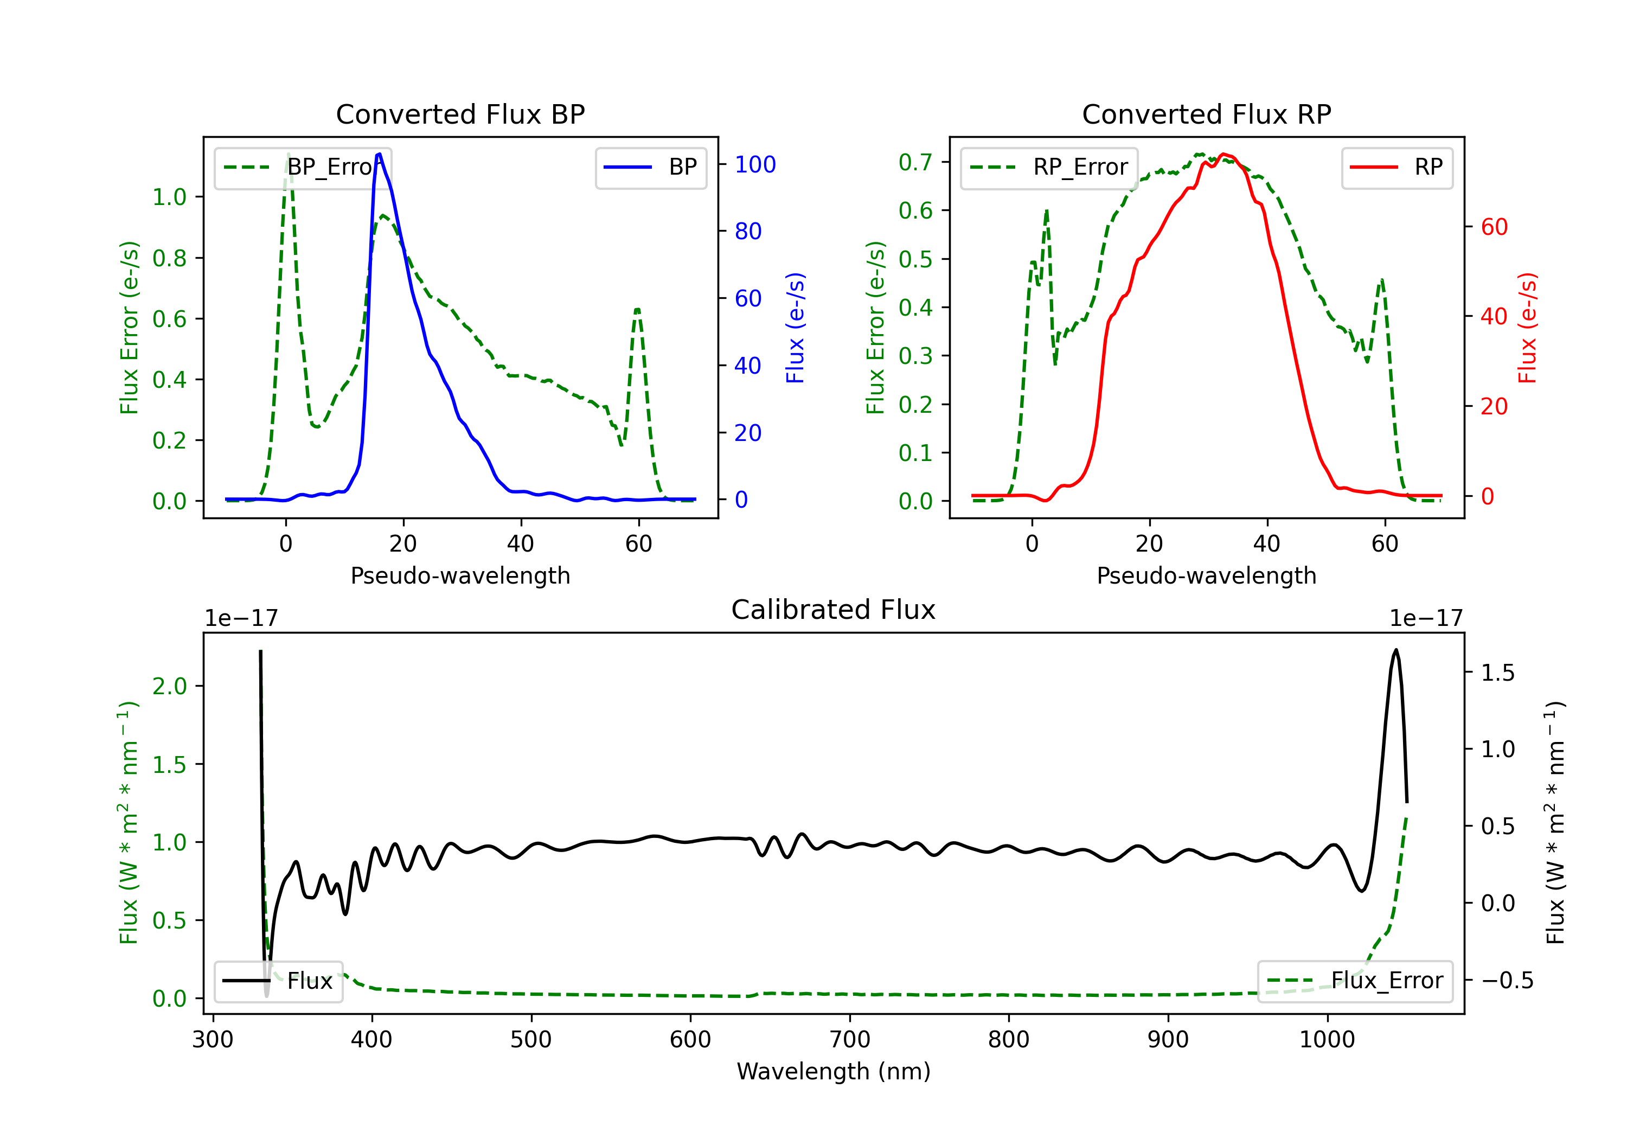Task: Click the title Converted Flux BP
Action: [460, 114]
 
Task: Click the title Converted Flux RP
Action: [1206, 114]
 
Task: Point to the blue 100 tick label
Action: [755, 164]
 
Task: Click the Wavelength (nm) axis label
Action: [834, 1071]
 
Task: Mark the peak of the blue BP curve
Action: [380, 154]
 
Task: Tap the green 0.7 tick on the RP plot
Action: [915, 162]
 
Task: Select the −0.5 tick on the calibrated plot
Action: [1507, 980]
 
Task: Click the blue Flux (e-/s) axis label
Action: [795, 328]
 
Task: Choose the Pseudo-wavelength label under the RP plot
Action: [1206, 575]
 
